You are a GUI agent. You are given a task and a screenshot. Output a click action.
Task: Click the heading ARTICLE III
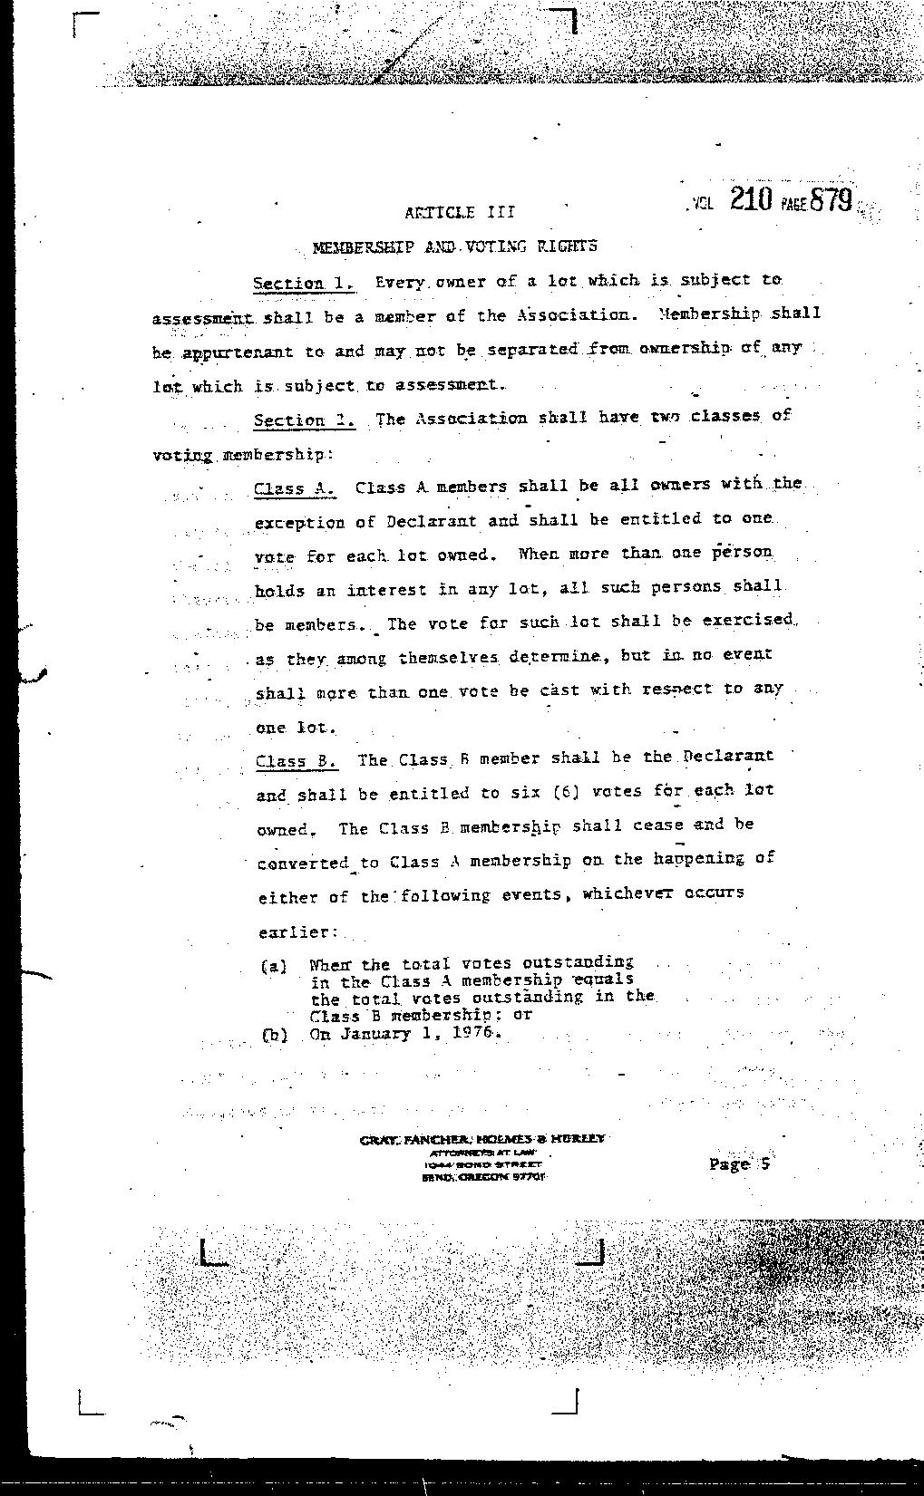460,212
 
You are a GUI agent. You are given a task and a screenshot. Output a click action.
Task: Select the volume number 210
750,199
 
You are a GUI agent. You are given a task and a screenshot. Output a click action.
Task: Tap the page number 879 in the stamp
831,199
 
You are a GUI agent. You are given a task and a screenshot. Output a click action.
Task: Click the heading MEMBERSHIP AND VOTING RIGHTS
454,246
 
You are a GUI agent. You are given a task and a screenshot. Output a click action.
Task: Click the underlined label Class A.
294,488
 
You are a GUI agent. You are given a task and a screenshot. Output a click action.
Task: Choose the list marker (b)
274,1035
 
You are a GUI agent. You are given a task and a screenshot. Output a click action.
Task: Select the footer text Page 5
739,1163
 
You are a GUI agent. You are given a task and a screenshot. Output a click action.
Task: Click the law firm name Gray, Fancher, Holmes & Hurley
482,1139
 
